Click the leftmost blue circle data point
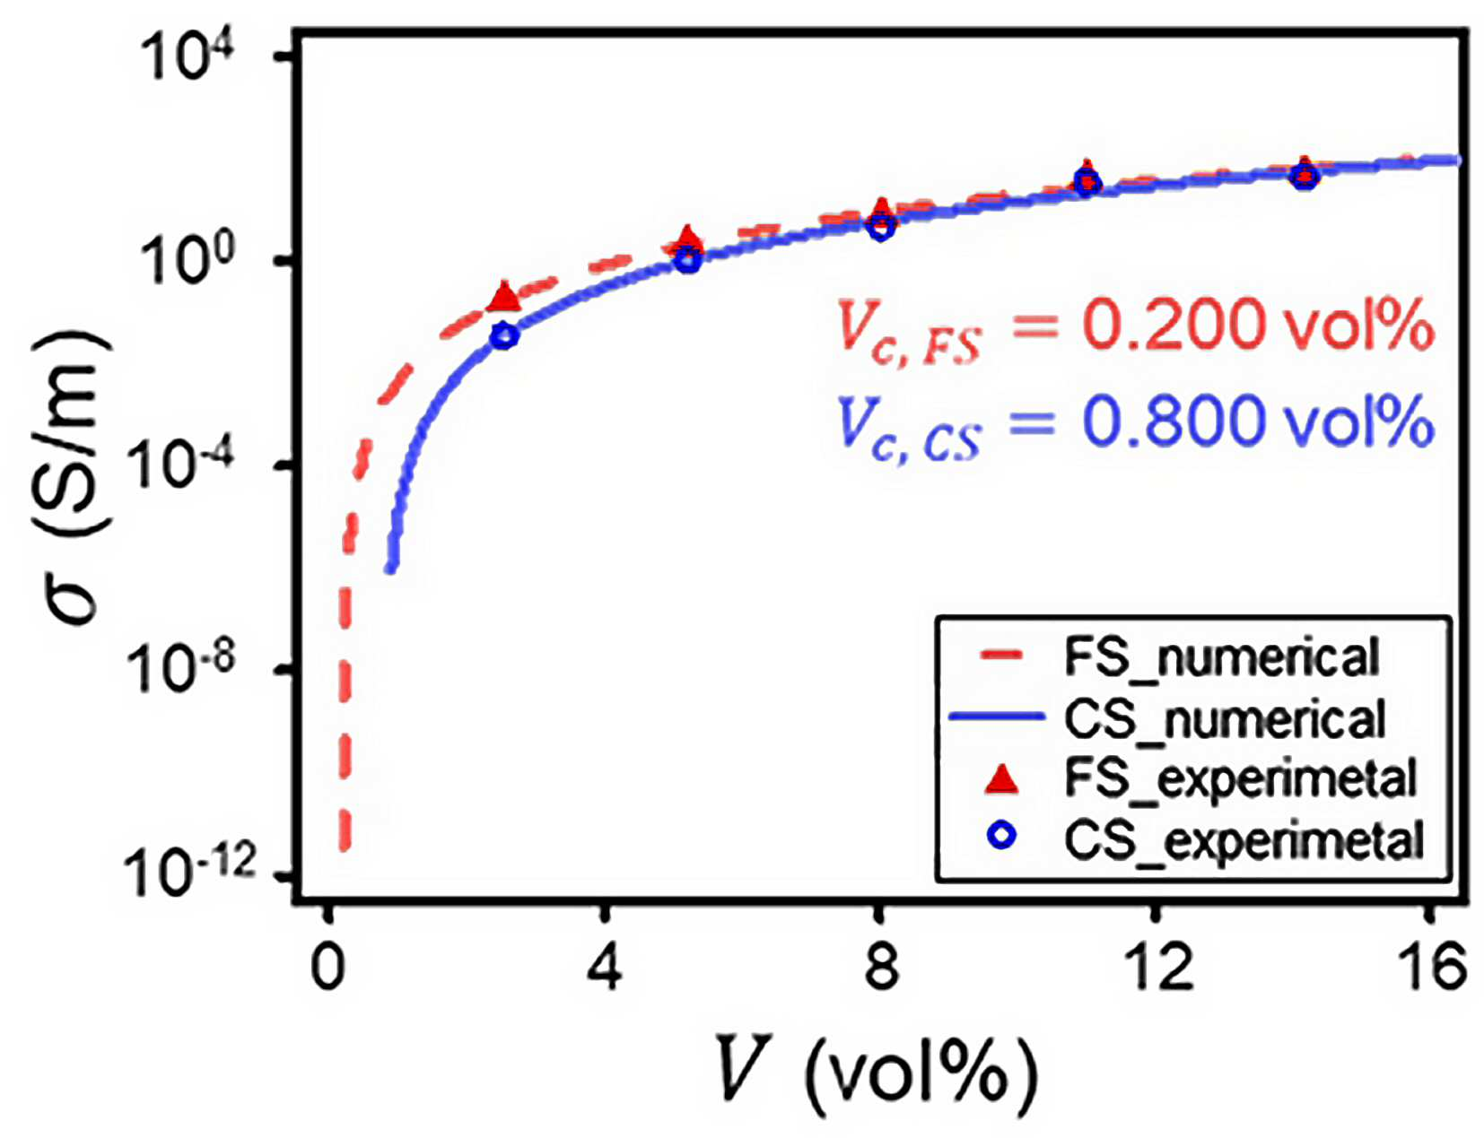(505, 336)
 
